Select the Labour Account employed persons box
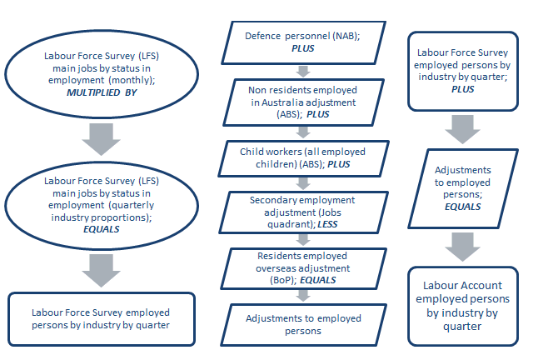pos(463,304)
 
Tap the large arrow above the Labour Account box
pos(463,246)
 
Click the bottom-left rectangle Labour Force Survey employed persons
pos(101,319)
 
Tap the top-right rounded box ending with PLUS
pos(463,70)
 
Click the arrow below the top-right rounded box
pos(463,127)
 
